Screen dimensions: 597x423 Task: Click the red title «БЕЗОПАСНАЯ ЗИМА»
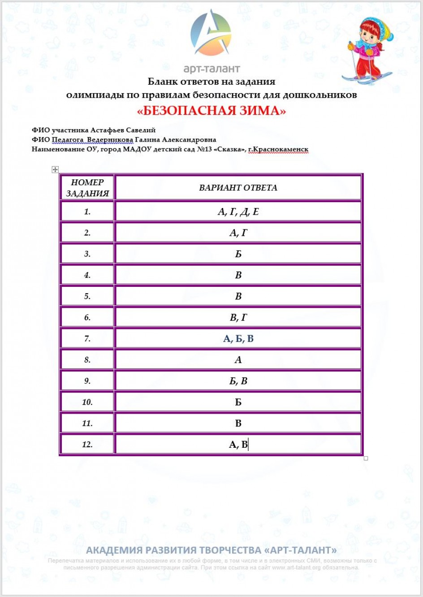[211, 111]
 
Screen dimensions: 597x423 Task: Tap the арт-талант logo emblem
[211, 34]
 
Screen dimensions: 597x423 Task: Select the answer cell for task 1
[238, 212]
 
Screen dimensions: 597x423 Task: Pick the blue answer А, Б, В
[238, 339]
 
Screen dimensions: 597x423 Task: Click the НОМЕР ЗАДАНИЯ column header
[87, 188]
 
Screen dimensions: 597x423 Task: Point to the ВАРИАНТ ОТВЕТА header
[238, 188]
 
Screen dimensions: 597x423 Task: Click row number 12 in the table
[87, 445]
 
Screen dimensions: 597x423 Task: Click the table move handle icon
[55, 169]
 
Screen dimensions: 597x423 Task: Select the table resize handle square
[366, 458]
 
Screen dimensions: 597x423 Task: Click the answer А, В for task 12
[238, 445]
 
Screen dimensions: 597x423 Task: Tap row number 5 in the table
[87, 296]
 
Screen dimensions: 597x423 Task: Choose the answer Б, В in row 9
[238, 381]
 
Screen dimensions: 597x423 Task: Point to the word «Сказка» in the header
[229, 149]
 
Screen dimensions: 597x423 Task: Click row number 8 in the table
[87, 360]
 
